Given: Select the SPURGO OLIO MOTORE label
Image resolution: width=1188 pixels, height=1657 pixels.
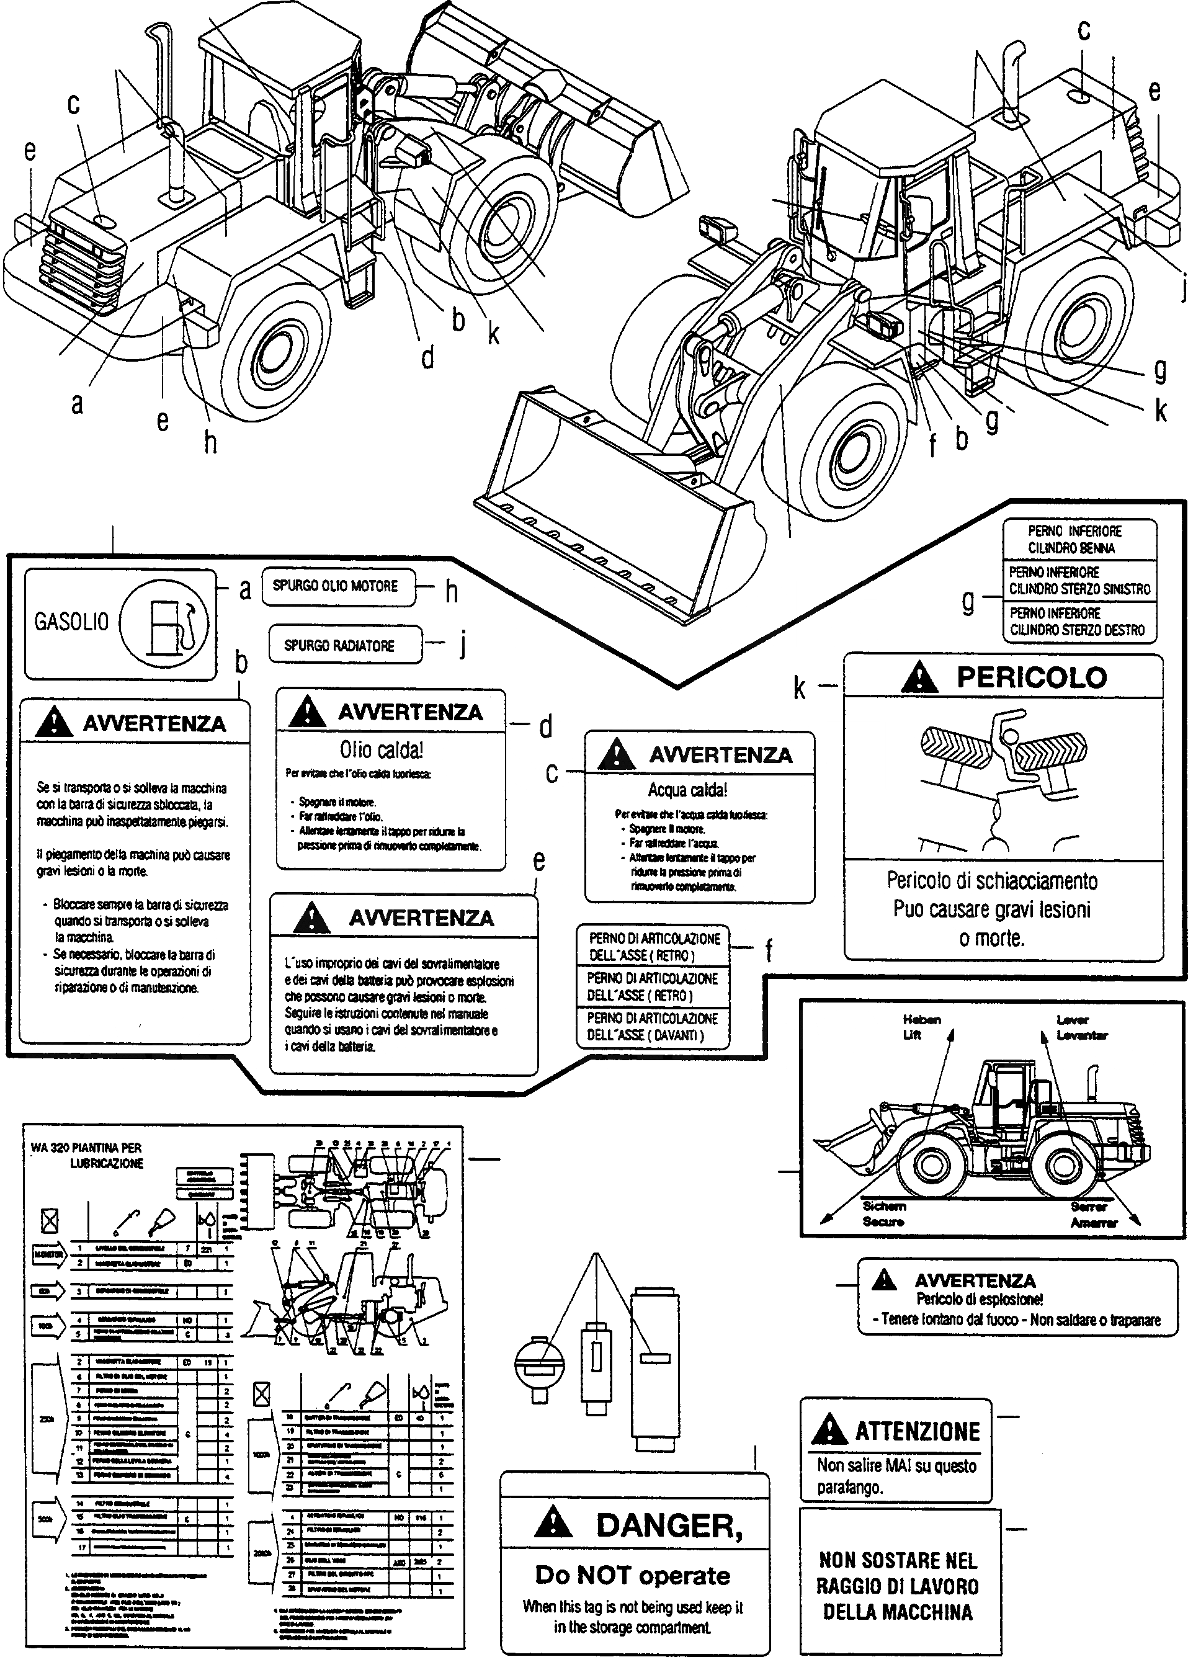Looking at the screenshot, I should (x=336, y=587).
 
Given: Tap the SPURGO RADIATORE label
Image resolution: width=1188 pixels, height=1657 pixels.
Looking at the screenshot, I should (x=340, y=646).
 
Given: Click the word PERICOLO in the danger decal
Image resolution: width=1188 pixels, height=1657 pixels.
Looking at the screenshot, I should (x=1031, y=678).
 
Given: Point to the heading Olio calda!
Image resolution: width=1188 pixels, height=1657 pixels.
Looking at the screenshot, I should (x=381, y=750).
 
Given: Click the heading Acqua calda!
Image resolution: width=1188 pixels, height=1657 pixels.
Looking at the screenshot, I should (x=687, y=790).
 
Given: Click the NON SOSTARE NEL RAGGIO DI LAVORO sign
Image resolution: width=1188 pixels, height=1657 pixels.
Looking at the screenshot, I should (x=898, y=1586).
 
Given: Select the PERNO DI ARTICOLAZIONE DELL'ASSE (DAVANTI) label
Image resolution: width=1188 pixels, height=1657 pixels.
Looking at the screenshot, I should (x=653, y=1027).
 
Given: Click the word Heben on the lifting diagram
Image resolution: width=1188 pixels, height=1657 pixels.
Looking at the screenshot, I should (x=921, y=1020).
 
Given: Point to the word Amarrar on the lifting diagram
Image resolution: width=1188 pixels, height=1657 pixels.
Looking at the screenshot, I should (x=1094, y=1223).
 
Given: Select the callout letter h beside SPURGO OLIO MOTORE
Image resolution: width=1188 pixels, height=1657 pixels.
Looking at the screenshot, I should (x=452, y=592).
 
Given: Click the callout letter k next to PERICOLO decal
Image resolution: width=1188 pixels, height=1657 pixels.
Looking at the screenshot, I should (x=800, y=687).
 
